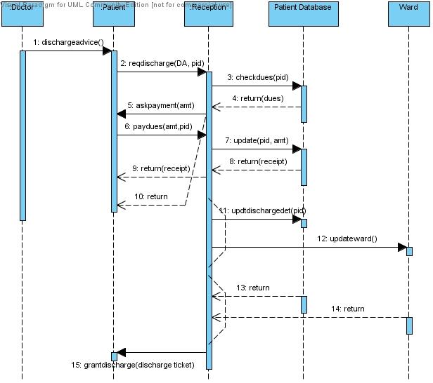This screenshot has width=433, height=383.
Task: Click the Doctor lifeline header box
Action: [x=22, y=14]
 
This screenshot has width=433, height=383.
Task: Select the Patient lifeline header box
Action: [x=115, y=14]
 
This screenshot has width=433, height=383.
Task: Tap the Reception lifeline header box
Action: [x=209, y=14]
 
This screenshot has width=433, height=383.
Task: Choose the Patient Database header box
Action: [x=304, y=14]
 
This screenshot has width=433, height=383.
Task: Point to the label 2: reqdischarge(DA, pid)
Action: [x=162, y=64]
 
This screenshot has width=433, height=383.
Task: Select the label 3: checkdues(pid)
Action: [x=256, y=77]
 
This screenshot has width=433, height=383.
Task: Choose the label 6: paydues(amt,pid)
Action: [x=158, y=126]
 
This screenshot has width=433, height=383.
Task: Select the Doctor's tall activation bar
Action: [x=22, y=133]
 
